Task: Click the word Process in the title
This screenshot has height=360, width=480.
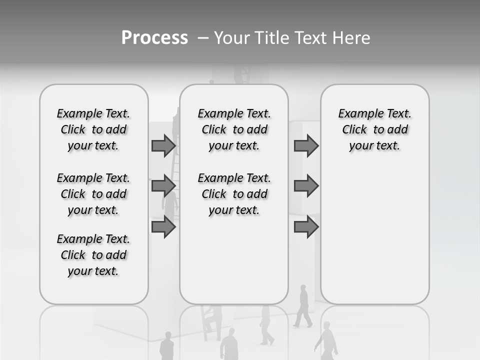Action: pos(154,38)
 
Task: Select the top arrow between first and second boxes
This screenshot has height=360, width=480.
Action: pos(163,145)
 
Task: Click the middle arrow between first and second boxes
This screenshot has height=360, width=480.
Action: pos(163,186)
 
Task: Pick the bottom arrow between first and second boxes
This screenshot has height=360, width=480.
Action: pos(163,227)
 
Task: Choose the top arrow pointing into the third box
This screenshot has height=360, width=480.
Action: pos(306,145)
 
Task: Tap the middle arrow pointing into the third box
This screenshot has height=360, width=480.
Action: pos(306,186)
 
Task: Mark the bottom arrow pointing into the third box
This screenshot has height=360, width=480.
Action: pos(306,227)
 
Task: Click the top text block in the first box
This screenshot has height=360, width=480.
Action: pos(93,129)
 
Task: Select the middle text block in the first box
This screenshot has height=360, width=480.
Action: pos(93,194)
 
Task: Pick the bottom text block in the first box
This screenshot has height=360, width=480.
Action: pos(93,255)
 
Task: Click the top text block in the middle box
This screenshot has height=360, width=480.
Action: pos(234,129)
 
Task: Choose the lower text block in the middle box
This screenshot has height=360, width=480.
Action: pos(234,194)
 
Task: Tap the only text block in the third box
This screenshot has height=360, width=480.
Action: pos(374,129)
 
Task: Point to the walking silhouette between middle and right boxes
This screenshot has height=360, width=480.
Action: pos(303,306)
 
